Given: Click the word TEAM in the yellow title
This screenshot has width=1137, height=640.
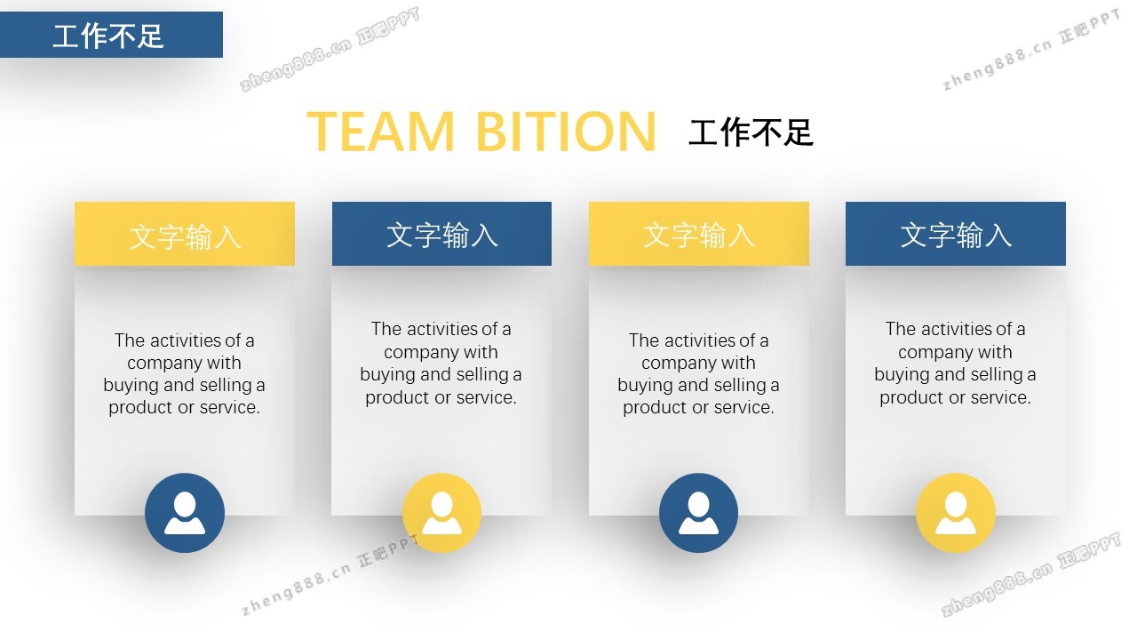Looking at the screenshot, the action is [380, 132].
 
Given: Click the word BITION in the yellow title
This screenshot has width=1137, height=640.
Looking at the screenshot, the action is [566, 132].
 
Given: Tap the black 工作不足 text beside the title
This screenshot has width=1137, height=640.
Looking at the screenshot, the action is [751, 132].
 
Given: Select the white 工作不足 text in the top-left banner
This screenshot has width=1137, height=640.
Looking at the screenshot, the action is [108, 36].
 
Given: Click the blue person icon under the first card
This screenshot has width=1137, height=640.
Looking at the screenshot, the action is [185, 513].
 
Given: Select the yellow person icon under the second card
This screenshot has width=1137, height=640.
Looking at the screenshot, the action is [442, 513].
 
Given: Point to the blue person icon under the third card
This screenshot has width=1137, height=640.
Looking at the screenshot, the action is [698, 513].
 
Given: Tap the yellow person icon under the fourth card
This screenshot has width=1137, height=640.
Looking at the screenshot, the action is [956, 513].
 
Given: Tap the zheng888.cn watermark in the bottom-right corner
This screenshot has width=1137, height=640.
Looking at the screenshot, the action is [998, 589].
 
